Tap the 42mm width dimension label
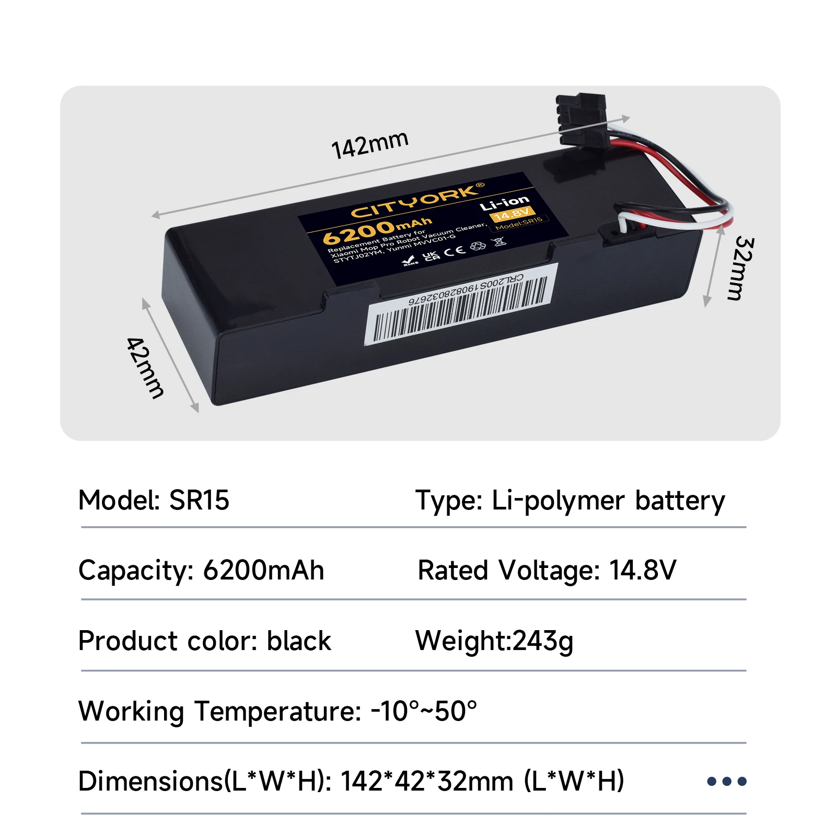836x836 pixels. (x=145, y=367)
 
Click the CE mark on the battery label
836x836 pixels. (x=454, y=250)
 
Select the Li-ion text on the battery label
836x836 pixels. (x=505, y=203)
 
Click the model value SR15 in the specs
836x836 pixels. (x=199, y=500)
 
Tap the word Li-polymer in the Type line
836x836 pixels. (x=558, y=501)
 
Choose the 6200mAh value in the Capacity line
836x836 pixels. (x=263, y=570)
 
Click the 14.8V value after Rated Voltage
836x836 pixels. (x=643, y=570)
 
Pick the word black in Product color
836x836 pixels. (x=299, y=641)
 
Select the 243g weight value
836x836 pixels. (x=543, y=641)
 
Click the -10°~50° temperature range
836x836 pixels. (x=424, y=711)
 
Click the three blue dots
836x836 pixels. (x=726, y=782)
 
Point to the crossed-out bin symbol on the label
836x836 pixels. (x=500, y=241)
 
